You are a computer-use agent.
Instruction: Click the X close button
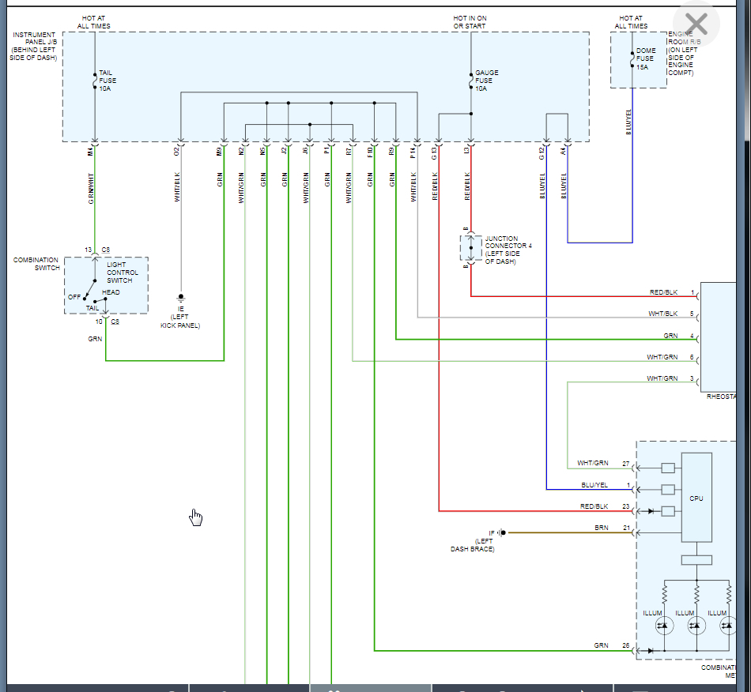696,24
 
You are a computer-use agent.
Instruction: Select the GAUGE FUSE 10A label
486,81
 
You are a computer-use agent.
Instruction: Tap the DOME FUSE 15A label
645,58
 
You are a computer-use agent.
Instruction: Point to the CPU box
696,498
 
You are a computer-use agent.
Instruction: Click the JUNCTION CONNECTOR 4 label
508,250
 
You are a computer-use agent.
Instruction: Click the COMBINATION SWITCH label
36,264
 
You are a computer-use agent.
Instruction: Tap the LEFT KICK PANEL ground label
180,318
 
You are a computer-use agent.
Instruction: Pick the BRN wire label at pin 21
602,527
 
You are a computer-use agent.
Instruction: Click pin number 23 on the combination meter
626,506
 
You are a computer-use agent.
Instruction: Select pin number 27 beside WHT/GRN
626,463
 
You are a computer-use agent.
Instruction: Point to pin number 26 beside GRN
626,645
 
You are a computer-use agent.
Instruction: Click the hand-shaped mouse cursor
196,517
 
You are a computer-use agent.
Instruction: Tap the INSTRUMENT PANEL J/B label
35,47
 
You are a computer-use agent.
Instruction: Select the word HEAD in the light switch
111,292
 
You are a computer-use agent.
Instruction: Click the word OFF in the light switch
74,297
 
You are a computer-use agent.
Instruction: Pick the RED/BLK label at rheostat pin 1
663,293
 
